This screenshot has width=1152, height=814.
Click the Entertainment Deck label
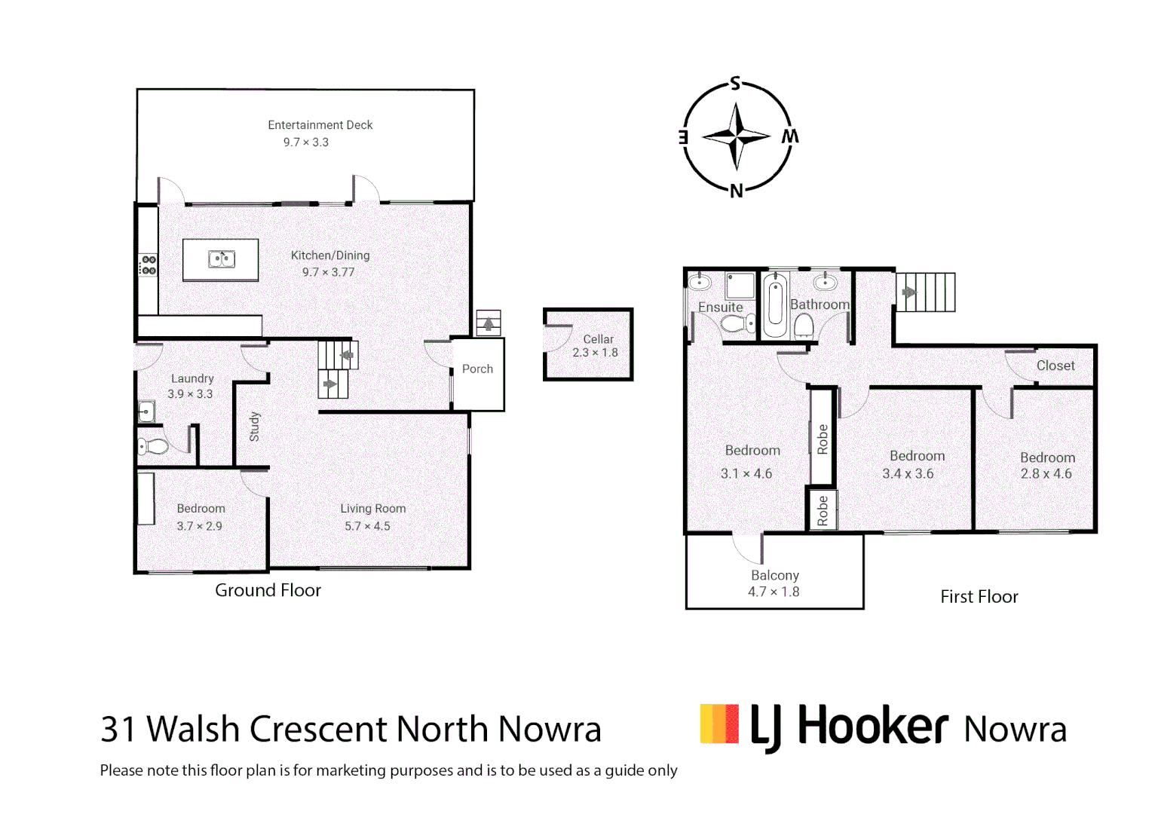tap(320, 125)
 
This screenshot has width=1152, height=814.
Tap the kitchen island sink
tap(222, 259)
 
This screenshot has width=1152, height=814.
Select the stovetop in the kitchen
tap(149, 265)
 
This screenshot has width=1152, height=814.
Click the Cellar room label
tap(598, 339)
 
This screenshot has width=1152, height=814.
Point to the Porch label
tap(477, 369)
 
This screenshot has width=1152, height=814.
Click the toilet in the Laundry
tap(154, 446)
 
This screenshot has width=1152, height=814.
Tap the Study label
tap(255, 427)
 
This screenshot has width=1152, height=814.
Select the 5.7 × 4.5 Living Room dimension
tap(367, 526)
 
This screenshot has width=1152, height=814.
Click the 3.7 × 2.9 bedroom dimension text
tap(199, 526)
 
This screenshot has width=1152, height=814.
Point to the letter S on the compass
tap(735, 84)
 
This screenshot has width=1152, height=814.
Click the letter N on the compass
tap(737, 191)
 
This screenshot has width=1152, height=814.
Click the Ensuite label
tap(720, 308)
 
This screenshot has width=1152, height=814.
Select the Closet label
tap(1055, 366)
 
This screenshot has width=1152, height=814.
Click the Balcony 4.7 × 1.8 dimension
tap(774, 592)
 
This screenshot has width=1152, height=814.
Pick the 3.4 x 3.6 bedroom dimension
tap(908, 474)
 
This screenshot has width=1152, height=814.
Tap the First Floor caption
tap(979, 597)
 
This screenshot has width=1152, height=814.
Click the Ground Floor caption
tap(268, 590)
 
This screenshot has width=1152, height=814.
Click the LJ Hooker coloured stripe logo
tap(719, 724)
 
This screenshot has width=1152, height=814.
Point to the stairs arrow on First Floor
tap(909, 292)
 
